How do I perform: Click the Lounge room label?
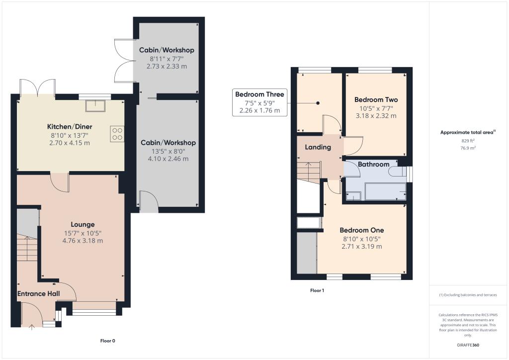coord(82,224)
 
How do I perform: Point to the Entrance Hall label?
coord(39,294)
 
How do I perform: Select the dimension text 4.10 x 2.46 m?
coord(168,159)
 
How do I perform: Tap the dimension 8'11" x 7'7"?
coord(166,58)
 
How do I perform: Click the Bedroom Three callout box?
coord(259,102)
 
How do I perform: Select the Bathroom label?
coord(373,164)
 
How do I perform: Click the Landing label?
coord(318,147)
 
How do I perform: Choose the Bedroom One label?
coord(361,230)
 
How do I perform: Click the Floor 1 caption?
coord(317,290)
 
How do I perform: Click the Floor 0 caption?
coord(107,341)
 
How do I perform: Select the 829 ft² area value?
coord(466,141)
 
